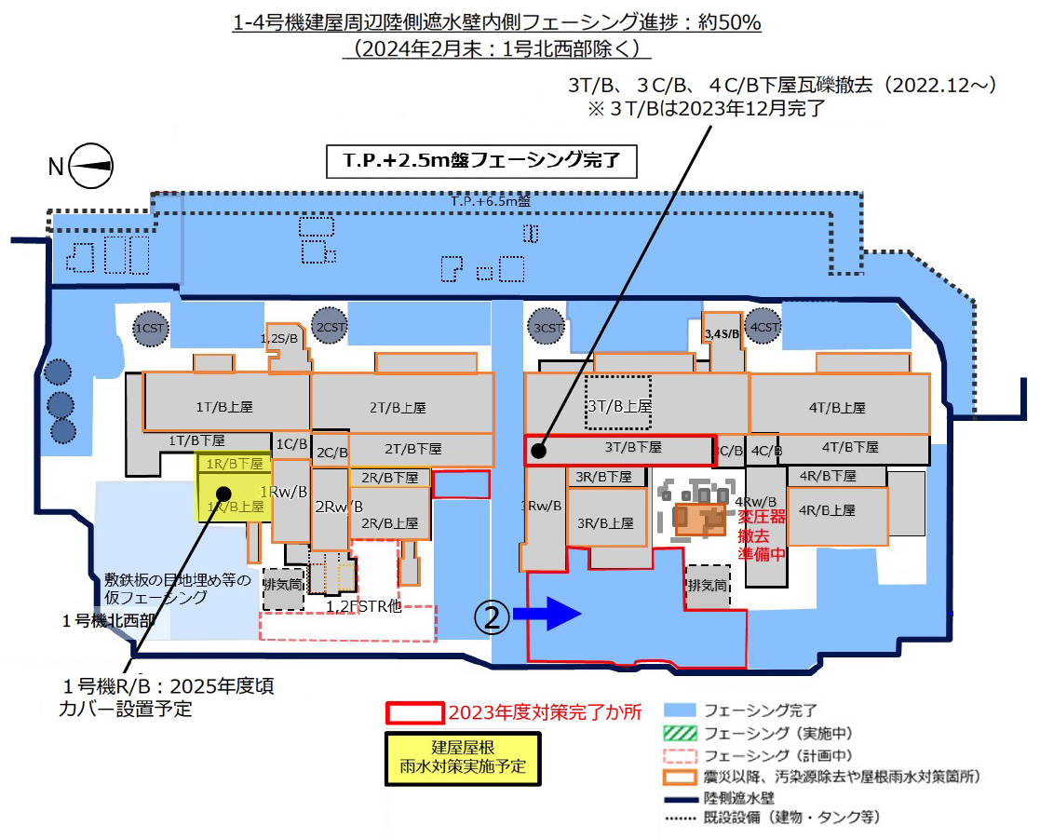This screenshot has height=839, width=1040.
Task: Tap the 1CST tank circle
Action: [x=149, y=328]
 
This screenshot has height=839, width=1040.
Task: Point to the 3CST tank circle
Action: [x=547, y=327]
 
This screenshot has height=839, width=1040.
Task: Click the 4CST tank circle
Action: [x=763, y=328]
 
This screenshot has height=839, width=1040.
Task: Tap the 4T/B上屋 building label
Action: [x=838, y=407]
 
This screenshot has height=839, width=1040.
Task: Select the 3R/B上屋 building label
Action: [x=607, y=522]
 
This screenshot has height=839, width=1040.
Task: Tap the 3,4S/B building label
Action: [x=722, y=332]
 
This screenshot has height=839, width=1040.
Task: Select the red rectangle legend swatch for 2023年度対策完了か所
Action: [x=413, y=713]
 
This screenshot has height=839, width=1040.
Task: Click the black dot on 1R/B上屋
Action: [x=223, y=493]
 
